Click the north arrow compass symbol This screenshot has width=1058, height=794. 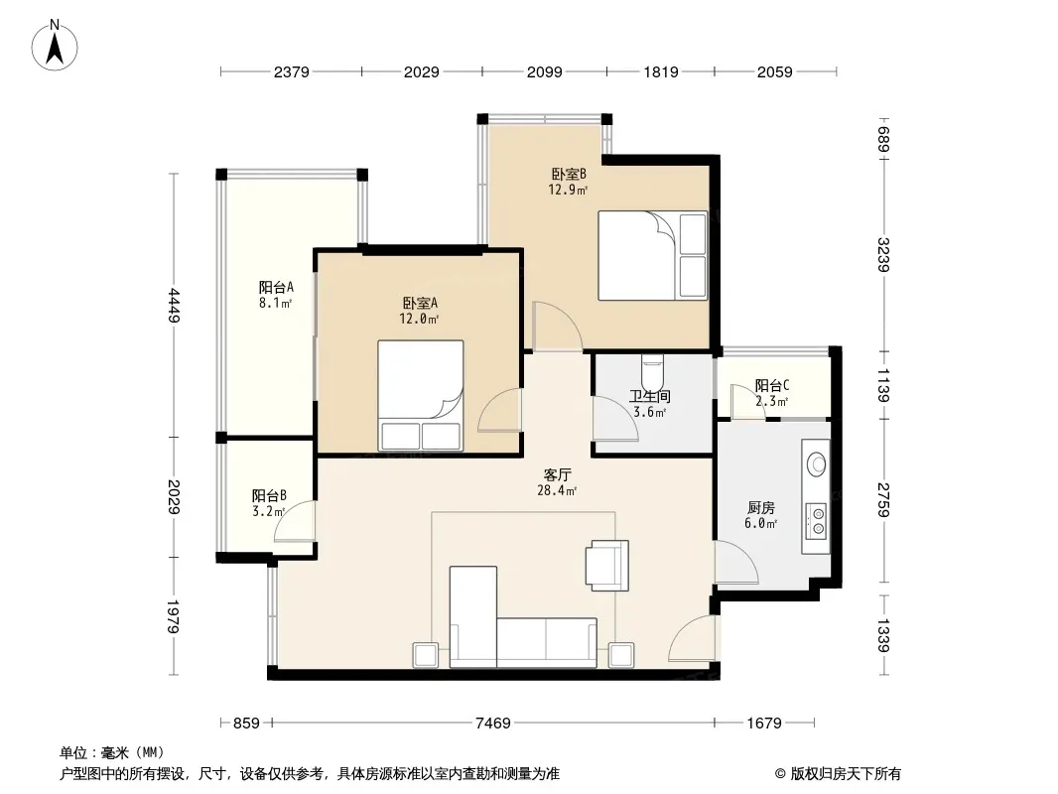pyautogui.click(x=55, y=46)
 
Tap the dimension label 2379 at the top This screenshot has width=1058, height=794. pyautogui.click(x=292, y=71)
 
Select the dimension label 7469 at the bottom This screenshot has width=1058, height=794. pyautogui.click(x=493, y=724)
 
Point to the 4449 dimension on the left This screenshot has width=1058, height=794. pyautogui.click(x=174, y=306)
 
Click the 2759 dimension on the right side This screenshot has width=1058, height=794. pyautogui.click(x=883, y=500)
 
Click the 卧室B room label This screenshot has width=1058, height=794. pyautogui.click(x=569, y=174)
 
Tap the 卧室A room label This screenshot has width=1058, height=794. pyautogui.click(x=420, y=304)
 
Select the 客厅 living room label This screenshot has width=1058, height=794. pyautogui.click(x=558, y=475)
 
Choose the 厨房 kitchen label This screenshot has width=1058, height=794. pyautogui.click(x=761, y=508)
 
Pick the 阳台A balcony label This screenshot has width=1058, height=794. pyautogui.click(x=276, y=288)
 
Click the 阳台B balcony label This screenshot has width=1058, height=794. pyautogui.click(x=269, y=496)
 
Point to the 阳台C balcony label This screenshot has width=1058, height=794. pyautogui.click(x=772, y=386)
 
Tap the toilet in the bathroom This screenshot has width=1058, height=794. pyautogui.click(x=652, y=369)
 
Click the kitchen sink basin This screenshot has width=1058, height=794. pyautogui.click(x=817, y=464)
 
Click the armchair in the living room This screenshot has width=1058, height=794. pyautogui.click(x=608, y=566)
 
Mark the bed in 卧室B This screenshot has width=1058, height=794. pyautogui.click(x=652, y=256)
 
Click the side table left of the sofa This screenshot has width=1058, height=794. pyautogui.click(x=426, y=655)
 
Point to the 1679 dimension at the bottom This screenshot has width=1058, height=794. pyautogui.click(x=764, y=724)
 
